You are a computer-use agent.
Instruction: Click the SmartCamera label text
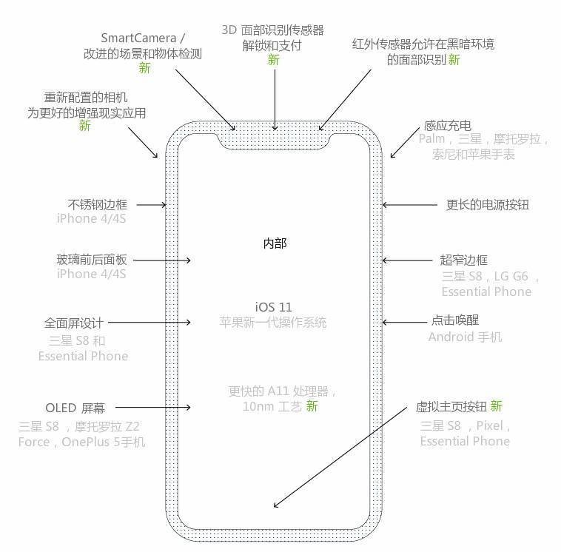(x=139, y=38)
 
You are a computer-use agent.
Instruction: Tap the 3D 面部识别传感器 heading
(x=272, y=30)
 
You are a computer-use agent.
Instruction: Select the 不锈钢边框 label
(x=97, y=205)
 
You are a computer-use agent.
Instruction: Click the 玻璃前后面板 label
(x=92, y=260)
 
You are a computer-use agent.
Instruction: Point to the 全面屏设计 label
(x=74, y=323)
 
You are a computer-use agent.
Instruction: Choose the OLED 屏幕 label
(x=75, y=408)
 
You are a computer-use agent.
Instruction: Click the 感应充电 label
(x=447, y=126)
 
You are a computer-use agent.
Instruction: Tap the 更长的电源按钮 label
(x=488, y=205)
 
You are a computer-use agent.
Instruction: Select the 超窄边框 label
(x=464, y=260)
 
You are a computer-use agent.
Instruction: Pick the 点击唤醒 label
(x=455, y=320)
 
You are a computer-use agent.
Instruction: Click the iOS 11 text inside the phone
(x=273, y=307)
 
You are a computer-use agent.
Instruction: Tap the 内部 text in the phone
(x=275, y=243)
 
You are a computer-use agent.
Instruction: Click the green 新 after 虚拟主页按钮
(x=497, y=406)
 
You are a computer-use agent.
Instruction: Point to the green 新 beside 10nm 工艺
(x=312, y=406)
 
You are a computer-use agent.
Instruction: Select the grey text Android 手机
(x=465, y=337)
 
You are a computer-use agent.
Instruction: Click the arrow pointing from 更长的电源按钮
(x=410, y=205)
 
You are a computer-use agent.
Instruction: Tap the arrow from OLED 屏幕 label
(x=152, y=407)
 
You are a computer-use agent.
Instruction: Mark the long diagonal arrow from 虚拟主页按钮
(x=340, y=457)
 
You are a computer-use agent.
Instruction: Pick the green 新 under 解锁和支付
(x=273, y=60)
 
